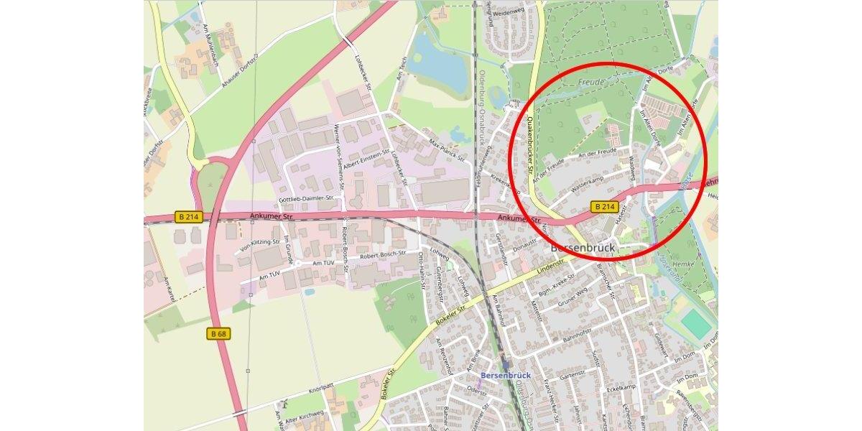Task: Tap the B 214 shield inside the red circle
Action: click(605, 207)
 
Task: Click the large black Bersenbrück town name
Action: click(583, 248)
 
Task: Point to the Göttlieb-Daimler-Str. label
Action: click(307, 198)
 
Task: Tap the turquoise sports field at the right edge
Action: click(695, 323)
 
